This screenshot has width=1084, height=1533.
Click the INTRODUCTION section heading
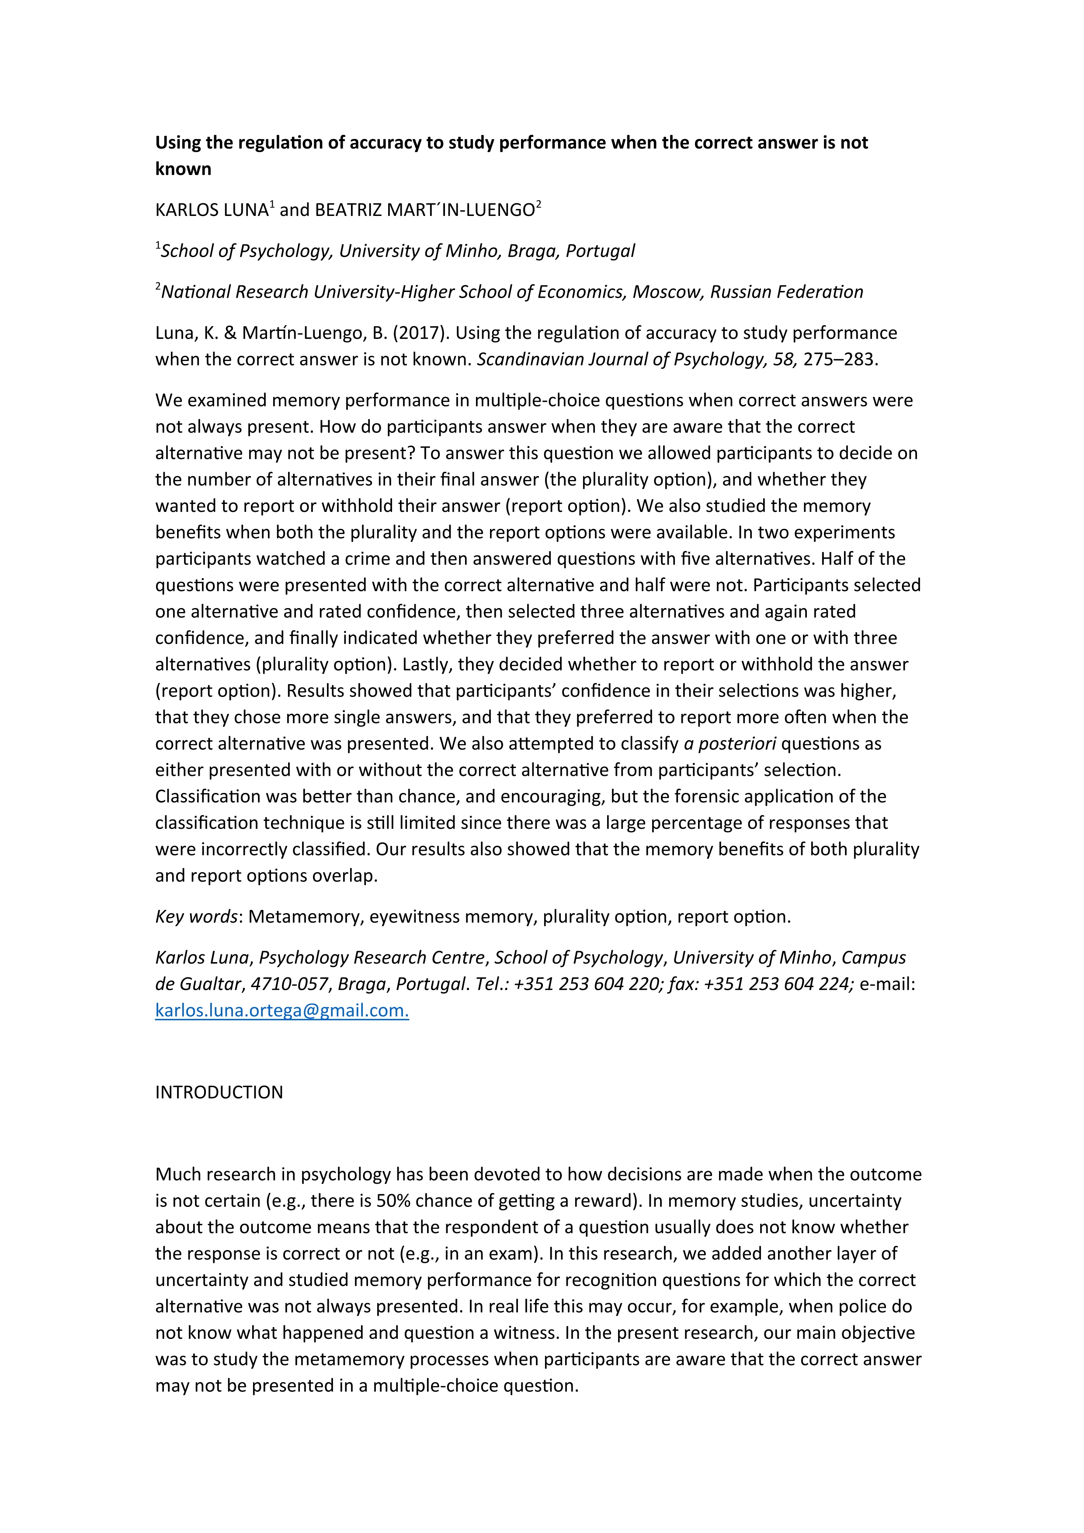[x=219, y=1092]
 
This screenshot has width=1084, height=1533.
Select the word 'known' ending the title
[x=183, y=169]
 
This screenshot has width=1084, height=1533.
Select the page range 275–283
[x=838, y=359]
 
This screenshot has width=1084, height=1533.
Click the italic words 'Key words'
[x=196, y=917]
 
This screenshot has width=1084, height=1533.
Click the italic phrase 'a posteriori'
[x=730, y=744]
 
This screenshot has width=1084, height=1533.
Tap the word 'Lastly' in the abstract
[x=426, y=664]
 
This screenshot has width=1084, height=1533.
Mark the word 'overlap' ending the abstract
[x=348, y=876]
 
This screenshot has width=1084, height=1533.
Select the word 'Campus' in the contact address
[x=873, y=957]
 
